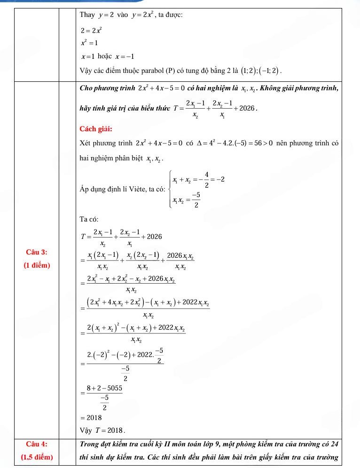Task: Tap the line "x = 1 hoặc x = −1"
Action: click(108, 56)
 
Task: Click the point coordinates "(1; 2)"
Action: click(248, 71)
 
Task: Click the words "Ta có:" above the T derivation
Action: click(89, 219)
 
